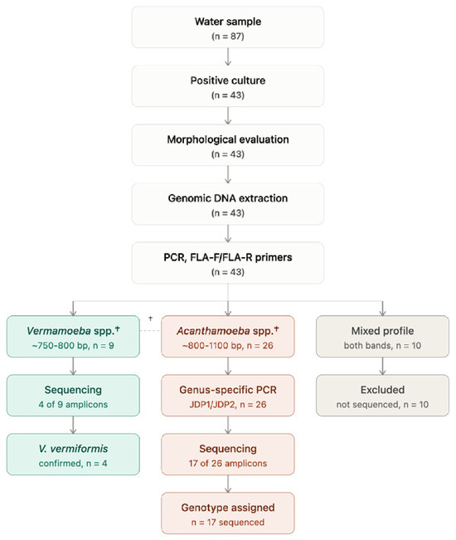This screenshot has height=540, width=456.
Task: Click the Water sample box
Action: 228,27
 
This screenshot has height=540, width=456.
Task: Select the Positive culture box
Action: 228,86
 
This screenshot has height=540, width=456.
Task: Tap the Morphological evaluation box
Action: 228,145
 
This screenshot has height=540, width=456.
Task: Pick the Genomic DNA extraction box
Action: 228,204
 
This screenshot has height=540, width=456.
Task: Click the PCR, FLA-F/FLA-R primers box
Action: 228,263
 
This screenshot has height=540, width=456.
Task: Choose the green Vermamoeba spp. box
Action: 73,337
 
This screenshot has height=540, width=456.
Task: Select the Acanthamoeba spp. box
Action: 228,337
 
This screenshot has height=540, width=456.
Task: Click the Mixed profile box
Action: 382,337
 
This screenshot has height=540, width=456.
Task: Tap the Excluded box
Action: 382,396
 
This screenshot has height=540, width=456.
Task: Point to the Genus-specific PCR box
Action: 228,396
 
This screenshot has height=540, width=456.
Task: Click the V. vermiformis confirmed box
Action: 73,455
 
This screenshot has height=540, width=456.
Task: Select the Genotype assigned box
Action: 228,513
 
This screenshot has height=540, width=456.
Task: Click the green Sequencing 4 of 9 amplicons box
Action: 73,396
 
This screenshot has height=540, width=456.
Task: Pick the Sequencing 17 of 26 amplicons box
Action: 228,455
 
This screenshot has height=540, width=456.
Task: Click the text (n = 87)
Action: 228,36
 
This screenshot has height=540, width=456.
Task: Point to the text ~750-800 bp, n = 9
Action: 73,345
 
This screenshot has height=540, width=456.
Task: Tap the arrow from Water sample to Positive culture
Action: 228,57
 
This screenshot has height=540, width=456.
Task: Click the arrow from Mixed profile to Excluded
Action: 382,366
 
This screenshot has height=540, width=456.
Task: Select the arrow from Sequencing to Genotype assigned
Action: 228,484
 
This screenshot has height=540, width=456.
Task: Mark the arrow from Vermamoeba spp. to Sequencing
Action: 73,366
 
